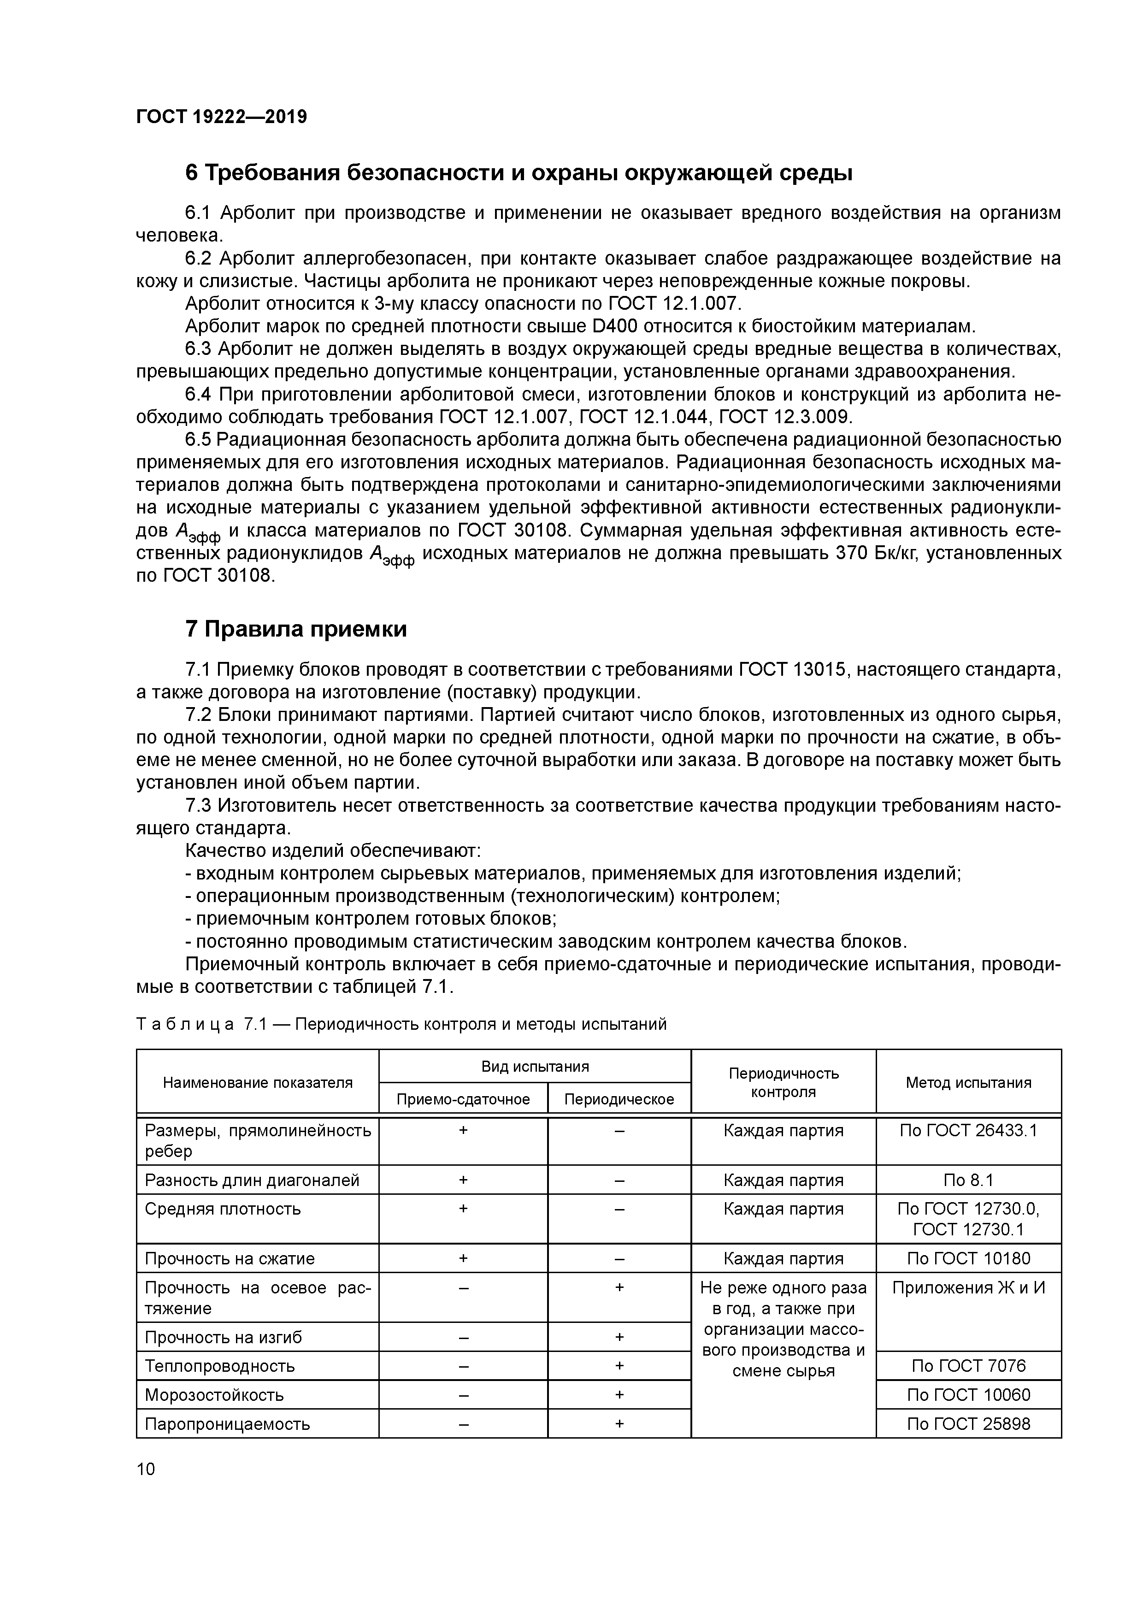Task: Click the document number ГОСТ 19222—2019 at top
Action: (221, 117)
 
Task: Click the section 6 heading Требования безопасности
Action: (518, 172)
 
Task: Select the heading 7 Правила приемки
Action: (296, 629)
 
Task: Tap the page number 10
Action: (145, 1469)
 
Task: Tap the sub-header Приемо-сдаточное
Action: (463, 1099)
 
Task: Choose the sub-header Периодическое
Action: (619, 1099)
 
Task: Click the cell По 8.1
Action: (968, 1180)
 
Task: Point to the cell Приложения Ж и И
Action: (968, 1288)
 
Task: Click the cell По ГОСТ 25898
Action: (968, 1424)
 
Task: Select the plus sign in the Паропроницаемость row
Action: (619, 1423)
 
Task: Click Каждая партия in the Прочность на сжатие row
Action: (783, 1258)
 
